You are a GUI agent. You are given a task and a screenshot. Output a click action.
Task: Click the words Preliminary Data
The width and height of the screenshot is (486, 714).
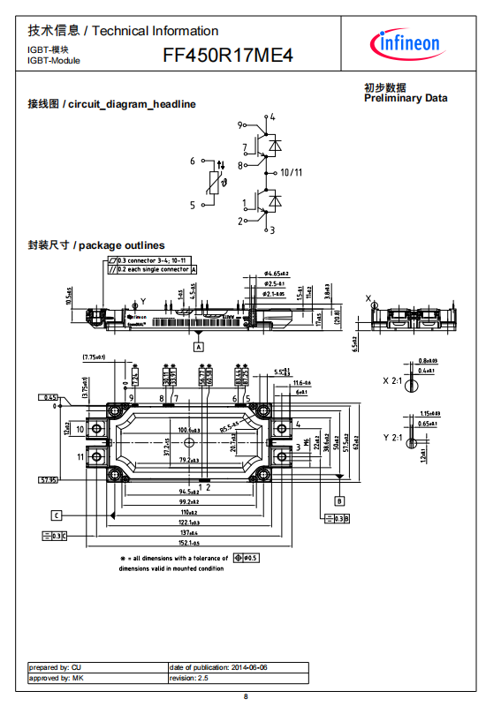coord(406,99)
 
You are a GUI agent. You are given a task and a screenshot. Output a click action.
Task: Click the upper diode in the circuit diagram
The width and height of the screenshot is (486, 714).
coord(274,141)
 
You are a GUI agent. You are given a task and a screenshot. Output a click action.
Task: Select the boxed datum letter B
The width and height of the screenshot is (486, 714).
coord(338,500)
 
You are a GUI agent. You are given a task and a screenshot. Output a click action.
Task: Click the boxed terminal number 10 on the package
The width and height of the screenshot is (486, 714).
coord(80,429)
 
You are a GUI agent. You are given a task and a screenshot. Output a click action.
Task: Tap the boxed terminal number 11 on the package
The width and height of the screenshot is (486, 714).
coord(80,456)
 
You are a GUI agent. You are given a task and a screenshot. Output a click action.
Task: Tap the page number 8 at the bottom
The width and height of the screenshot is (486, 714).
coord(246,698)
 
